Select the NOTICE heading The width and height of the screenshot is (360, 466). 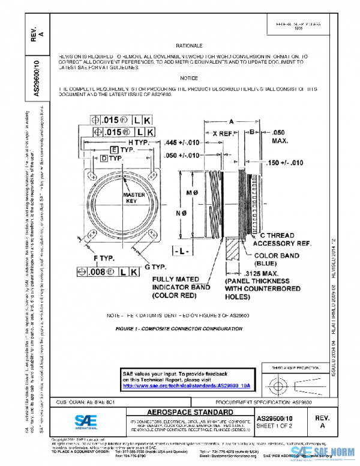tap(189, 78)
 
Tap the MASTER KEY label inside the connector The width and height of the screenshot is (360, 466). tap(130, 199)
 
